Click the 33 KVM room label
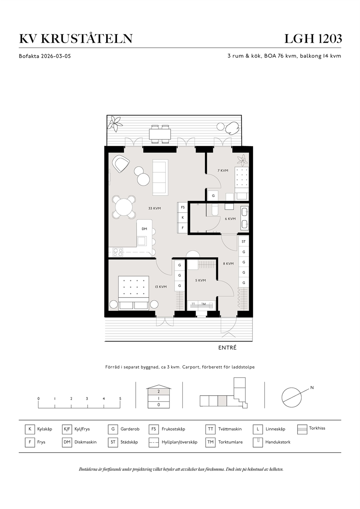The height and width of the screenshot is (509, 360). point(155,208)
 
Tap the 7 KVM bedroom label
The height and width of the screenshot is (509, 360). point(223,171)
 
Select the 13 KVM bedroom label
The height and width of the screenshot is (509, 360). point(161,287)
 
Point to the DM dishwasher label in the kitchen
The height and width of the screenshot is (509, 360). point(144,229)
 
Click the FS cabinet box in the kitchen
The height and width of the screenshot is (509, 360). point(183,207)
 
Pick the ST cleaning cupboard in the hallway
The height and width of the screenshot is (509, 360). point(244,242)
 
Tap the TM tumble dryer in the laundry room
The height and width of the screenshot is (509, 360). point(204,304)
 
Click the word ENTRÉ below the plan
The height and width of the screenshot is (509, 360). point(228,348)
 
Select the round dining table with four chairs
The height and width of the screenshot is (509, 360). point(124,207)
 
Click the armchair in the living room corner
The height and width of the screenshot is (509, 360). point(121,164)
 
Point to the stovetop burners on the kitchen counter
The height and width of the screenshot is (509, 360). point(118,252)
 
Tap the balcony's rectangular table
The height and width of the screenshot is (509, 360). point(160,134)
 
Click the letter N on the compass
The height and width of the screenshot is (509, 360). point(312,388)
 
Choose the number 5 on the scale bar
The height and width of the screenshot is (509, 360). point(120,399)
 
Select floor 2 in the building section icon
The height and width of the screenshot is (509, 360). point(159,391)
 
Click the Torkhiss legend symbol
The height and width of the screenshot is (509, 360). point(302,429)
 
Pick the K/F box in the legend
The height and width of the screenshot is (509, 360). point(67,429)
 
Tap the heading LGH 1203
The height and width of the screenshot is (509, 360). point(313,39)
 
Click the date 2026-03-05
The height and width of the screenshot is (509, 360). point(56,56)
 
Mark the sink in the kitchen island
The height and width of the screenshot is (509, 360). point(142,241)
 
